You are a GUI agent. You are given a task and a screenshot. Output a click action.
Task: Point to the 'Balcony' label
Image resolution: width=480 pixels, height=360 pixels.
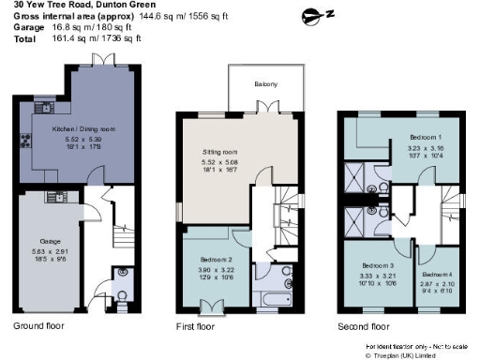265,82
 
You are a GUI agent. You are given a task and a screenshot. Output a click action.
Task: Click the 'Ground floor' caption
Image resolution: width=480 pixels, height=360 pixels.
40,327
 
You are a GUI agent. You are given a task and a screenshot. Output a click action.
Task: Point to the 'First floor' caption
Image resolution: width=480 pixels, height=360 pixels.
196,327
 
